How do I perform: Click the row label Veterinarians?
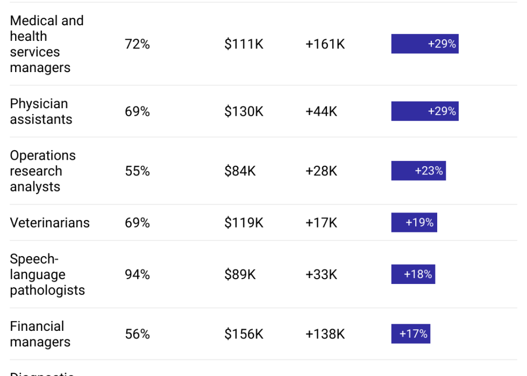click(x=49, y=223)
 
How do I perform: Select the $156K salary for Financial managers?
click(x=244, y=334)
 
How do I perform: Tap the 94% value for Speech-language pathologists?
click(x=137, y=274)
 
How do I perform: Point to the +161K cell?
click(x=325, y=44)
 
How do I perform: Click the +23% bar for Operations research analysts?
click(x=418, y=171)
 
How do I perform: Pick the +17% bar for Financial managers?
click(x=410, y=334)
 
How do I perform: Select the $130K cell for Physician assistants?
click(x=244, y=111)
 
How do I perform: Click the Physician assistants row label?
click(x=41, y=111)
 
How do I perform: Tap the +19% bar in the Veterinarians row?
click(x=414, y=222)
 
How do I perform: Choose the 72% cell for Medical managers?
click(x=137, y=44)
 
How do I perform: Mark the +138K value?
click(x=325, y=334)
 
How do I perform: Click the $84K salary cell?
click(x=240, y=171)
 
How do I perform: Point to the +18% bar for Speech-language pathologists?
click(x=413, y=274)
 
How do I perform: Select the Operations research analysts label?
click(x=42, y=171)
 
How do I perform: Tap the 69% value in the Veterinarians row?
click(x=137, y=223)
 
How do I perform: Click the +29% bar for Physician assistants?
click(x=425, y=111)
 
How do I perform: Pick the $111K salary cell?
click(x=244, y=44)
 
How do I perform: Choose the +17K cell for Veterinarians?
click(x=321, y=223)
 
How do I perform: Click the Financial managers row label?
click(x=40, y=334)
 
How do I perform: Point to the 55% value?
click(x=137, y=171)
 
